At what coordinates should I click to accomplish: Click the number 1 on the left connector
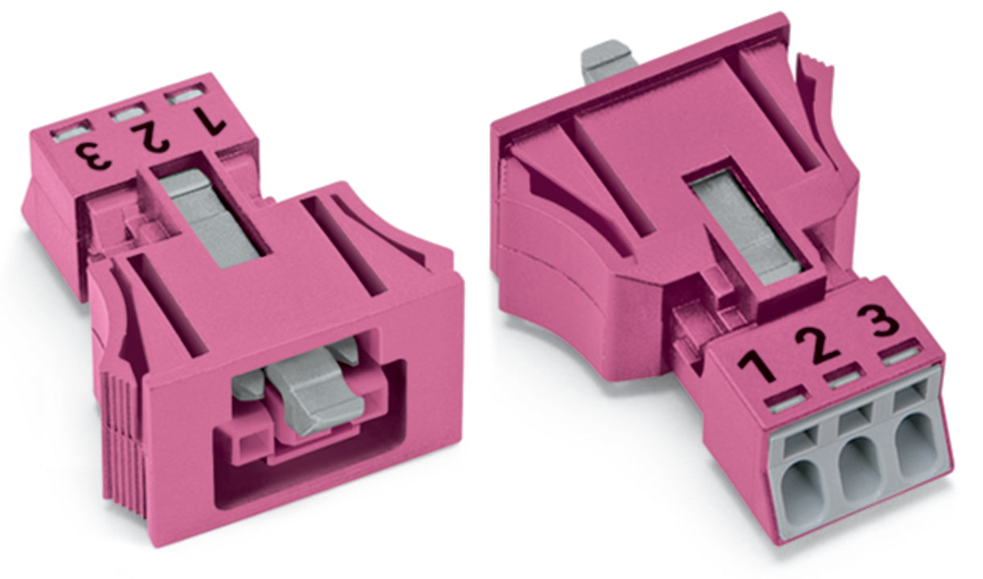coord(211,121)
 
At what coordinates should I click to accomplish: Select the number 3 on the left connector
coord(93,156)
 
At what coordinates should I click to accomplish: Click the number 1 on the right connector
coord(756,365)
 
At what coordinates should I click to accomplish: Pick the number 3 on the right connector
coord(879,320)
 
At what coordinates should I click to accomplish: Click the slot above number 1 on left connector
coord(187,96)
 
